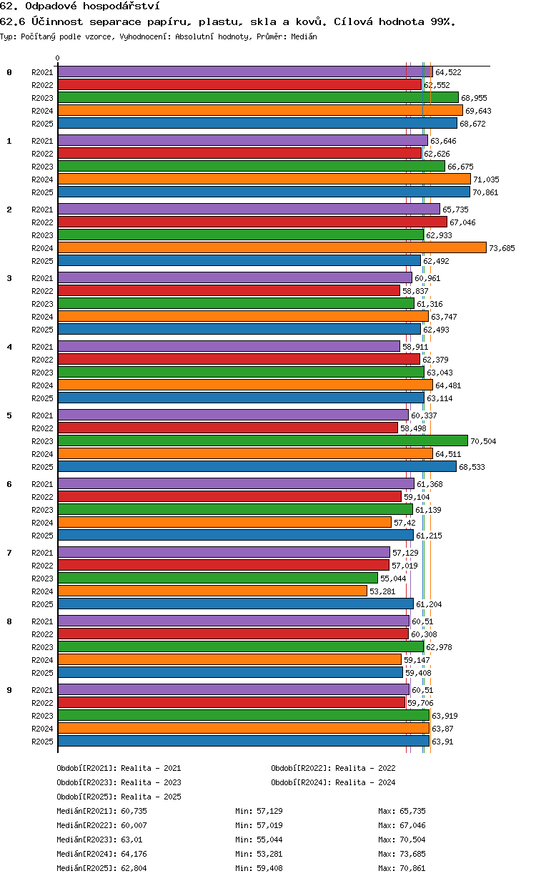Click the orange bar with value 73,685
click(x=272, y=247)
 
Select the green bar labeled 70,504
click(x=263, y=441)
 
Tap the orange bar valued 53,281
click(x=212, y=591)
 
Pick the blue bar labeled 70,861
click(x=264, y=192)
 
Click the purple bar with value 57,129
click(x=224, y=552)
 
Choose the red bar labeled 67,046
click(x=252, y=222)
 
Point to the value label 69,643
click(x=478, y=111)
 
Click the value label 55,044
click(x=393, y=579)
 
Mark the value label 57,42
click(x=405, y=523)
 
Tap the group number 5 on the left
click(x=9, y=415)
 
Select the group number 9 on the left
click(x=9, y=690)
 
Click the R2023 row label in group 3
click(x=42, y=304)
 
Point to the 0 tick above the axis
click(x=58, y=58)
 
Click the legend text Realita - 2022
click(x=365, y=768)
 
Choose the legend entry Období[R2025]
click(x=87, y=797)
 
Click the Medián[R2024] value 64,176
click(x=134, y=854)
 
